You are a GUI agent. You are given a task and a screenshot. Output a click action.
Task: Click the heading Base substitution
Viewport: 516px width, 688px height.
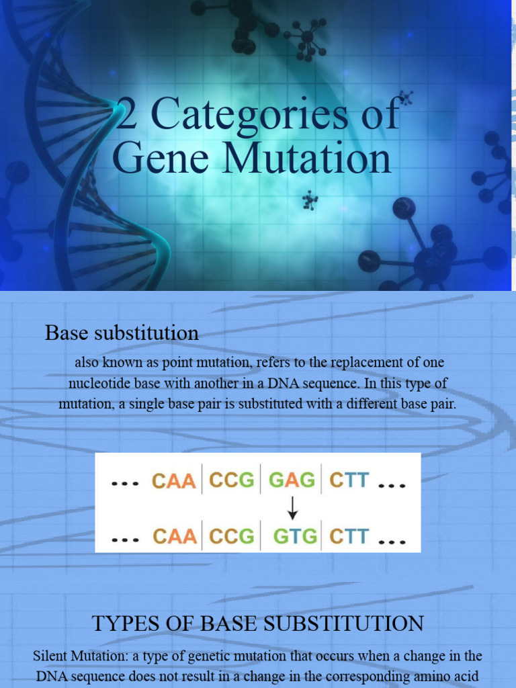[x=122, y=333]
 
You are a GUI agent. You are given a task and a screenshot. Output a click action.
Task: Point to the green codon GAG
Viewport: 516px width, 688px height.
[x=292, y=480]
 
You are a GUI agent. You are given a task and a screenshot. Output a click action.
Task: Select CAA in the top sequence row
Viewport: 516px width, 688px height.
[x=174, y=481]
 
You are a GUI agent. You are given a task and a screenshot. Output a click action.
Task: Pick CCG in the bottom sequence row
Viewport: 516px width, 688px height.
[x=232, y=536]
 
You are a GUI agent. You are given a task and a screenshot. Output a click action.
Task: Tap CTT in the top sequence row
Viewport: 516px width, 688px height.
[x=349, y=480]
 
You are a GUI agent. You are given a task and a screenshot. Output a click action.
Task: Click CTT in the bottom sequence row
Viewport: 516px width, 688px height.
[x=349, y=536]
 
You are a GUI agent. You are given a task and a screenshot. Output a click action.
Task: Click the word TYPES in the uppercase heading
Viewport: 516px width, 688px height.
[x=122, y=623]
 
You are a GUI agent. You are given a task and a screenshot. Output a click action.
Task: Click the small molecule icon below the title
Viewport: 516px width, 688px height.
[x=310, y=200]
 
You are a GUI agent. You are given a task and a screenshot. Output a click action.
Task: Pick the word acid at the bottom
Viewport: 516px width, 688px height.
[x=468, y=677]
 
